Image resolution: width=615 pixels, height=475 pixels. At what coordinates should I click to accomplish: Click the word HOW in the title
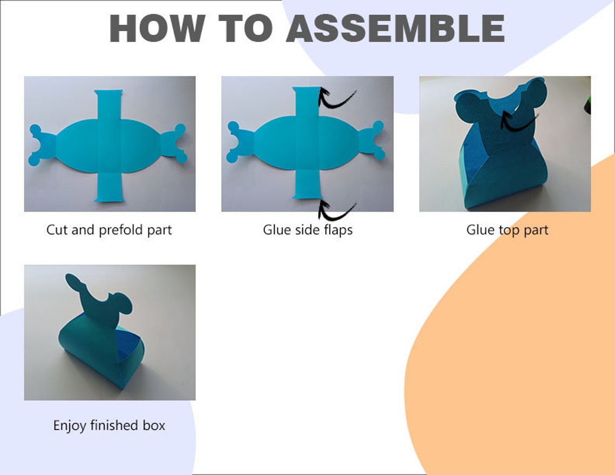pyautogui.click(x=157, y=29)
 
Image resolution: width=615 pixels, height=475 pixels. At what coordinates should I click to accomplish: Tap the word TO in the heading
pyautogui.click(x=245, y=29)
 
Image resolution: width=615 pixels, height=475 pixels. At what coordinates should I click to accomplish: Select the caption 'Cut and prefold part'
pyautogui.click(x=109, y=230)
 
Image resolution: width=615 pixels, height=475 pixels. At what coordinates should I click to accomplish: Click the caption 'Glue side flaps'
pyautogui.click(x=307, y=230)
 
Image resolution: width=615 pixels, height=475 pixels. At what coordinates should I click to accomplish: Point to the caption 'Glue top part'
pyautogui.click(x=507, y=230)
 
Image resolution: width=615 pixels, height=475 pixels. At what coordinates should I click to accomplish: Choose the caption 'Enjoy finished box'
pyautogui.click(x=109, y=425)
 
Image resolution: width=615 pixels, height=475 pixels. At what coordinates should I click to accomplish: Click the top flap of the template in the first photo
pyautogui.click(x=109, y=105)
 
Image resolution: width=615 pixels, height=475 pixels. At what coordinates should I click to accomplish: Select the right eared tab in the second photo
pyautogui.click(x=373, y=141)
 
